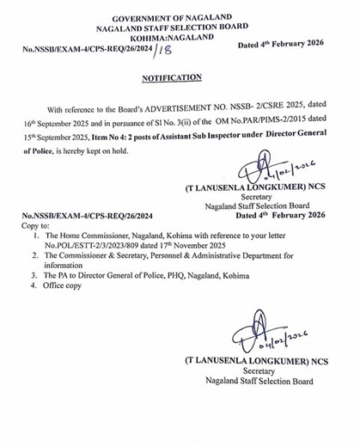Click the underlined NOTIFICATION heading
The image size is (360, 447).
point(171,77)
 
